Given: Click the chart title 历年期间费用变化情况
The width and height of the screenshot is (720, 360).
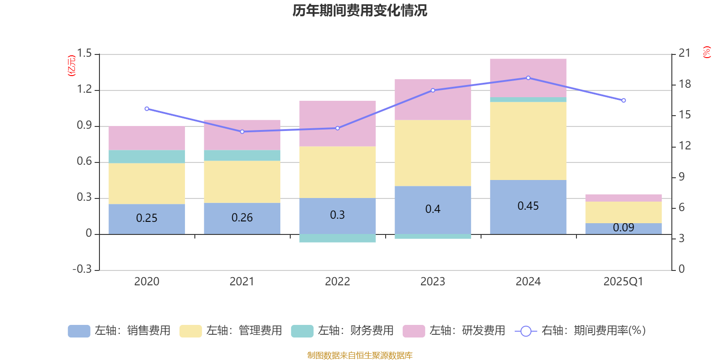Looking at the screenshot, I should tap(360, 10).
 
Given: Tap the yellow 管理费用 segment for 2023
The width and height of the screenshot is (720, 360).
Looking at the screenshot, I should tap(432, 153).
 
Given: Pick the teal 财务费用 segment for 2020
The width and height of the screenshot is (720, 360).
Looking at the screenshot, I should tap(147, 157).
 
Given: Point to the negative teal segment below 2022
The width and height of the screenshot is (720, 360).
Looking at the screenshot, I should tap(337, 238).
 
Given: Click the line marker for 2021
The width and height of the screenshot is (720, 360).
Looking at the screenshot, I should tap(242, 132).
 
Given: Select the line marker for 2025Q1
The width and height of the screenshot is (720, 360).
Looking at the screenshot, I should tap(624, 100).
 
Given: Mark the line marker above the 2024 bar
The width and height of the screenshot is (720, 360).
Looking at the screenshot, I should tap(528, 78).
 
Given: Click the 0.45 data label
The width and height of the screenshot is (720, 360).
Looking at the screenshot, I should tap(528, 206).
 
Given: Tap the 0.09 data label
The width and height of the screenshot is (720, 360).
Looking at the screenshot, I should tap(623, 228).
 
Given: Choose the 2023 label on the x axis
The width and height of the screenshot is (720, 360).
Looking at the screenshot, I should tap(432, 282).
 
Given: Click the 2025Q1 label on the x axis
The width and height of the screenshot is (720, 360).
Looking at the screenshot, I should tap(623, 282).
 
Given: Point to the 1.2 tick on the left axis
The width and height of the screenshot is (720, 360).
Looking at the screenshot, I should tap(84, 90).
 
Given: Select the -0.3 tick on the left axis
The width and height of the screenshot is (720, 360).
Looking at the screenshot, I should tap(82, 269).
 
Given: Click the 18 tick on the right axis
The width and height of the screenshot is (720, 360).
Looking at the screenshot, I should tap(685, 84).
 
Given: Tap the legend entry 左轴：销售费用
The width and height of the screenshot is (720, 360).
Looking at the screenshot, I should tap(119, 331).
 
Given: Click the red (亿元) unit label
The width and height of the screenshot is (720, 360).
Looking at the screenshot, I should tap(72, 66).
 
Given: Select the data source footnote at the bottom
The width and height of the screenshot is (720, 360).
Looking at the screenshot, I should tap(360, 355).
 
